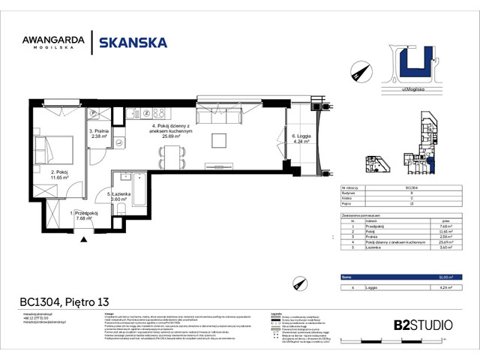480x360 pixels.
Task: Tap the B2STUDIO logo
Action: coord(422,325)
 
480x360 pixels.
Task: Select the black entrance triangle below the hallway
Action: coord(84,238)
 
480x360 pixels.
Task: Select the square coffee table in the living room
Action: coord(219,140)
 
